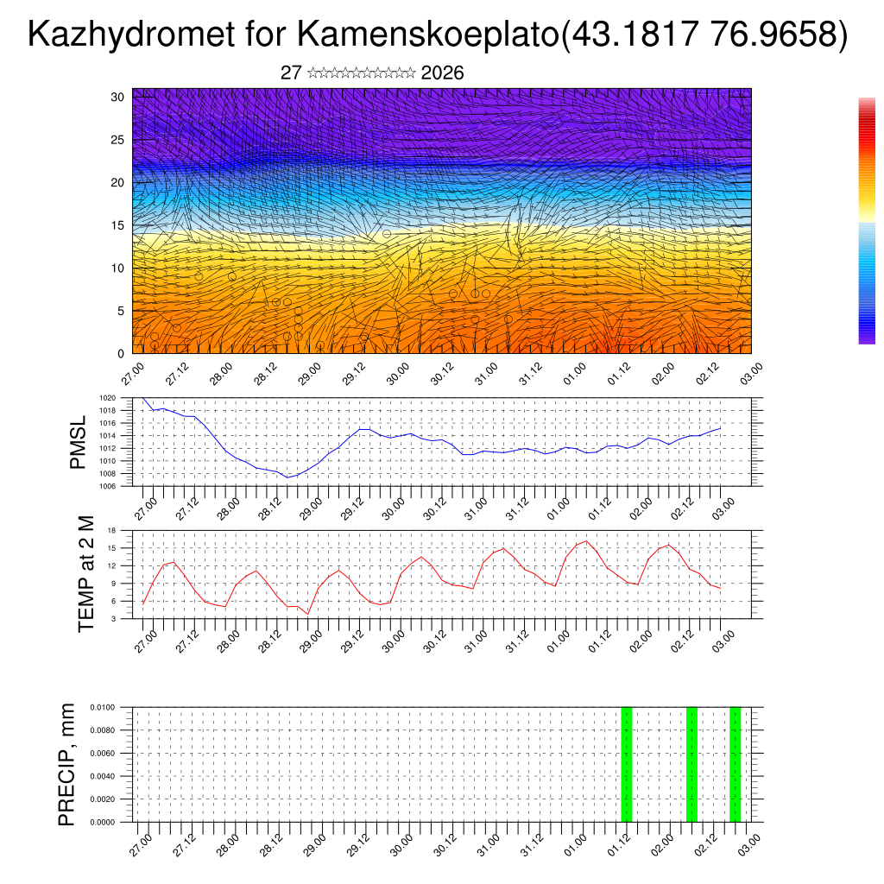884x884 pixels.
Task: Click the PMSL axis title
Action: pyautogui.click(x=79, y=442)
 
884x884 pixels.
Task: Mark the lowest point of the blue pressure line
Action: pyautogui.click(x=288, y=477)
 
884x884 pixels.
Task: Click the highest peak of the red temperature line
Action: pyautogui.click(x=586, y=541)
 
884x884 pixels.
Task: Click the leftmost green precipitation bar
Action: pyautogui.click(x=627, y=764)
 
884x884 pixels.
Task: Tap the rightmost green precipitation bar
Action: pyautogui.click(x=735, y=764)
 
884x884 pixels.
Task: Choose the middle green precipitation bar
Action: pyautogui.click(x=691, y=764)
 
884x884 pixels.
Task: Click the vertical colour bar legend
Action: pyautogui.click(x=867, y=221)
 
